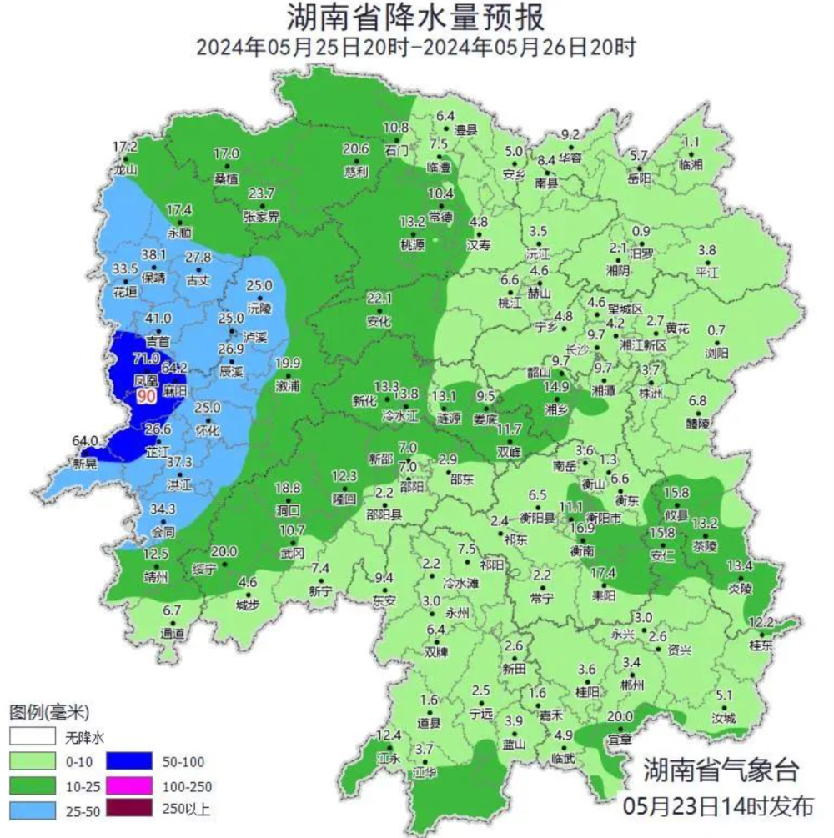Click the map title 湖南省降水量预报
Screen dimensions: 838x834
[x=416, y=17]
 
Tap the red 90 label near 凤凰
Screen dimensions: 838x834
[x=147, y=396]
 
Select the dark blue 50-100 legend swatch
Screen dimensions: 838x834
[x=129, y=761]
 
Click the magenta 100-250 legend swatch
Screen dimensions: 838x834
[x=129, y=785]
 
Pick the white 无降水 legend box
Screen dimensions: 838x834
[x=33, y=738]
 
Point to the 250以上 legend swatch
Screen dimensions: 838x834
[x=129, y=809]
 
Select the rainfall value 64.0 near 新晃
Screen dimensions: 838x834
[x=87, y=441]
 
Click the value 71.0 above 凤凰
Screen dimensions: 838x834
[x=146, y=359]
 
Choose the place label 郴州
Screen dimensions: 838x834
[x=633, y=685]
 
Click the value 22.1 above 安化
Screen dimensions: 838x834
[x=379, y=299]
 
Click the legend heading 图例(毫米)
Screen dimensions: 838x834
[x=48, y=713]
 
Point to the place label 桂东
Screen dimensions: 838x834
[x=761, y=645]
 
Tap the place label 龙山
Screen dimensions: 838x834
[x=124, y=168]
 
